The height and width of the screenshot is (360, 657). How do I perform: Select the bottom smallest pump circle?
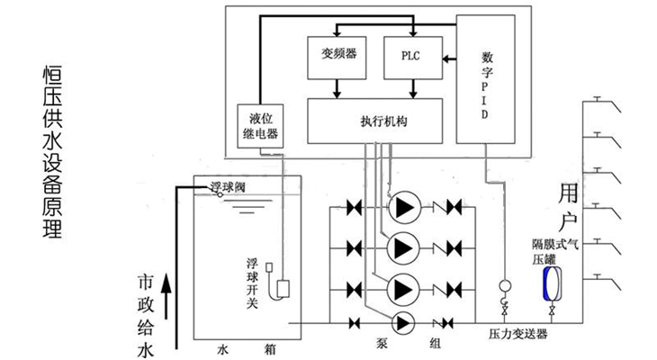tap(401, 322)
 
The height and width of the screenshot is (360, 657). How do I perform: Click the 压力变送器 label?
tap(512, 333)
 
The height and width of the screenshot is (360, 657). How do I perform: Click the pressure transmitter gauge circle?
tap(504, 288)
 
